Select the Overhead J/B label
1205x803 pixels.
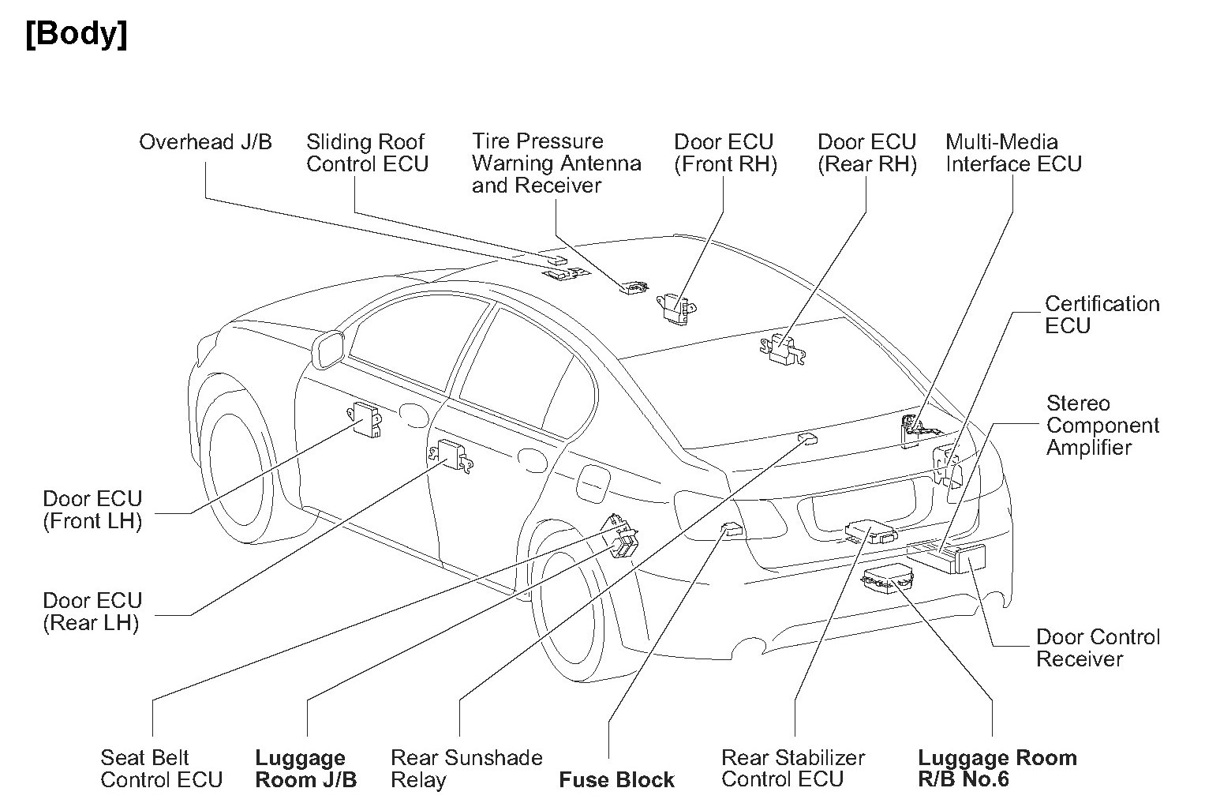205,142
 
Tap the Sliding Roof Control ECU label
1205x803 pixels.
367,153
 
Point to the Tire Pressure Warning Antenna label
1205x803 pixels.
556,163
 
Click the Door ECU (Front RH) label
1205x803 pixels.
724,153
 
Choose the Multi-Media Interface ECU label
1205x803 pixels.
1012,153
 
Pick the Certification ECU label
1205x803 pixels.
1102,315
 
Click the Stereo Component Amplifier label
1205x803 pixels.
1102,426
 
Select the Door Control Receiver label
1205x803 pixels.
1097,648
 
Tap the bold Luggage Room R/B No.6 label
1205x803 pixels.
997,769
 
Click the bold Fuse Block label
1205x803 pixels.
616,780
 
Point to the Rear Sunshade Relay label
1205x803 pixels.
466,769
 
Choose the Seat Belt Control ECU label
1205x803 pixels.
161,769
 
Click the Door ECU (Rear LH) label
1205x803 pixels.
92,612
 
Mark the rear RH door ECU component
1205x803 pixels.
784,349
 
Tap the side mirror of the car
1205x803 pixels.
327,351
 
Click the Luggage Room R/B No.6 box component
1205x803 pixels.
885,580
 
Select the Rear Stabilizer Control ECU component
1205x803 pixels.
870,531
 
